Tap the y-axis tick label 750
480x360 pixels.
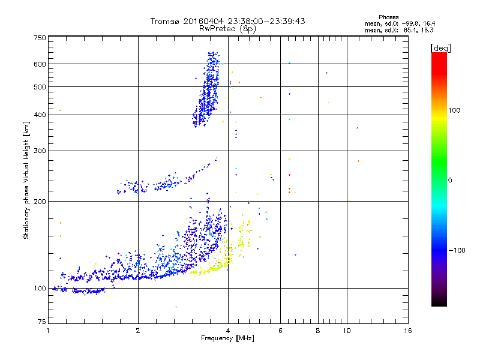40,38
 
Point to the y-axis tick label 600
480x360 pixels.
40,64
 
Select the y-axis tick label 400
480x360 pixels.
40,115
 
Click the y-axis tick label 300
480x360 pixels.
40,151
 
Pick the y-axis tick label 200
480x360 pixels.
40,202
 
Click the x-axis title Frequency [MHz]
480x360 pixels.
227,339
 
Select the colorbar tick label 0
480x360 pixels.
450,180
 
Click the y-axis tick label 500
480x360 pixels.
40,87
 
